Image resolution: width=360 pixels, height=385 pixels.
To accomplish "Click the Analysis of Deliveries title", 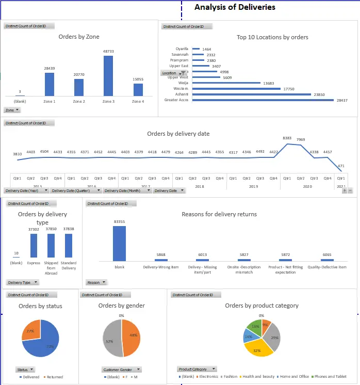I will click(235, 7).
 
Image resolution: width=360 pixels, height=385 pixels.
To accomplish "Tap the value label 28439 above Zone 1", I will click(49, 68).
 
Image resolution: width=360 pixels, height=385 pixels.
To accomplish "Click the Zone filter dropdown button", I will click(12, 110).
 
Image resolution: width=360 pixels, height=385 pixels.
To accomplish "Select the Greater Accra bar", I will click(263, 100).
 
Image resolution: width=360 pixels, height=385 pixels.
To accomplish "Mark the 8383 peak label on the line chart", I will click(287, 138).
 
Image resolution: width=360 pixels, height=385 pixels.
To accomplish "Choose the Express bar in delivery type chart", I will click(34, 245).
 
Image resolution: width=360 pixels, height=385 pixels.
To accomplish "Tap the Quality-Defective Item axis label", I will click(327, 267).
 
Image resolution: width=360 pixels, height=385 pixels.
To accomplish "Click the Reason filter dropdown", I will click(96, 282).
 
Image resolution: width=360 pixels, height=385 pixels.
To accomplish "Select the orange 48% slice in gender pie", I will click(132, 338).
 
